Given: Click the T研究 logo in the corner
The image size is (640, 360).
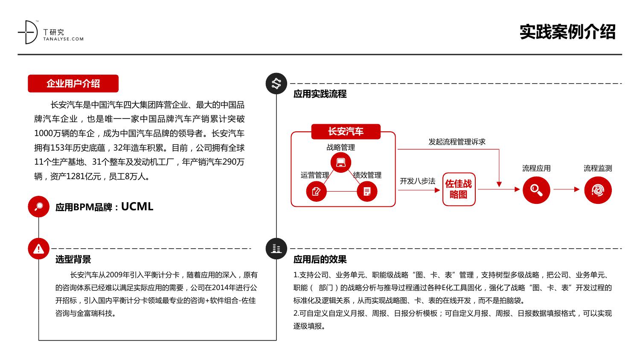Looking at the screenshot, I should (x=50, y=33).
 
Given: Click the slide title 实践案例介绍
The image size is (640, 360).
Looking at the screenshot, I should (x=567, y=32).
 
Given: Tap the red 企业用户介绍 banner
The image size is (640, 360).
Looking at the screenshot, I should (x=73, y=84).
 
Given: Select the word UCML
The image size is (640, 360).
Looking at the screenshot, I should (x=137, y=207).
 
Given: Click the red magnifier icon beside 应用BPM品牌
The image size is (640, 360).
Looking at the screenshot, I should (x=38, y=207).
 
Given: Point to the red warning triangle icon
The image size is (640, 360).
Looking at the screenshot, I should (x=38, y=248).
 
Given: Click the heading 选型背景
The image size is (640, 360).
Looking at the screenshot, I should (x=73, y=259).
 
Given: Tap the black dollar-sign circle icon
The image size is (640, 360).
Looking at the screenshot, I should (x=276, y=84).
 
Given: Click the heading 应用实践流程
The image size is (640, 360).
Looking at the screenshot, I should (x=320, y=94).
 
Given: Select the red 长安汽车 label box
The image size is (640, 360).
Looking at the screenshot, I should (x=346, y=131).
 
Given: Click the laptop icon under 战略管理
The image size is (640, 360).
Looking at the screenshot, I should (x=340, y=163).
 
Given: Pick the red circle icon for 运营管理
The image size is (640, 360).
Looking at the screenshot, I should (x=316, y=191).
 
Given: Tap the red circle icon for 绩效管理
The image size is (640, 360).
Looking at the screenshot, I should (x=367, y=191).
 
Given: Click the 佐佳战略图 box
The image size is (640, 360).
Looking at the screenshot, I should (x=459, y=189).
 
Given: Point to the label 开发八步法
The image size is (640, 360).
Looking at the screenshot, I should (x=417, y=181).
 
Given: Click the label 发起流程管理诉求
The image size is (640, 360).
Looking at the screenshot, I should (x=457, y=142).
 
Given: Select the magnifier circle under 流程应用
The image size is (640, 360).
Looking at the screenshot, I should (x=536, y=189).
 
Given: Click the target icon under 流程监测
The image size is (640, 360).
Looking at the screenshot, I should (x=598, y=189).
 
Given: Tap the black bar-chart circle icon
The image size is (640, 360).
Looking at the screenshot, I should (x=276, y=248).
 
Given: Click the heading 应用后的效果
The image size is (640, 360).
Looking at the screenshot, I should (x=320, y=259).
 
